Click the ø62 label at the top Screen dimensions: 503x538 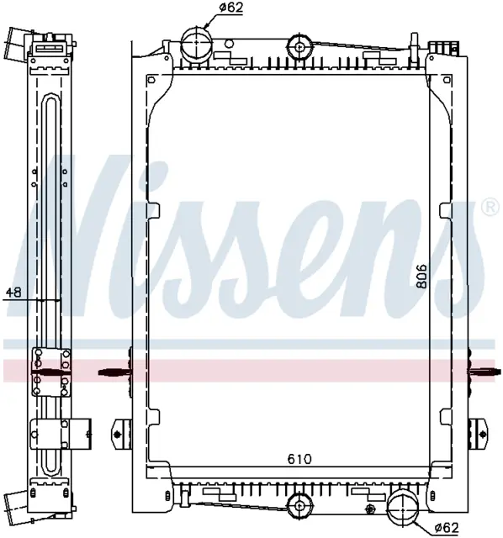coord(230,8)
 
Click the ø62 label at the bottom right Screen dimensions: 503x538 coord(446,526)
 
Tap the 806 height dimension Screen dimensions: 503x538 coord(421,276)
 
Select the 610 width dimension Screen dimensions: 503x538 coord(299,459)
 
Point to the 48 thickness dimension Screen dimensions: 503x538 coord(13,292)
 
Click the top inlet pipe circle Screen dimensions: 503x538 coord(196,41)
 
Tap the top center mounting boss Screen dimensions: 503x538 coord(299,46)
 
